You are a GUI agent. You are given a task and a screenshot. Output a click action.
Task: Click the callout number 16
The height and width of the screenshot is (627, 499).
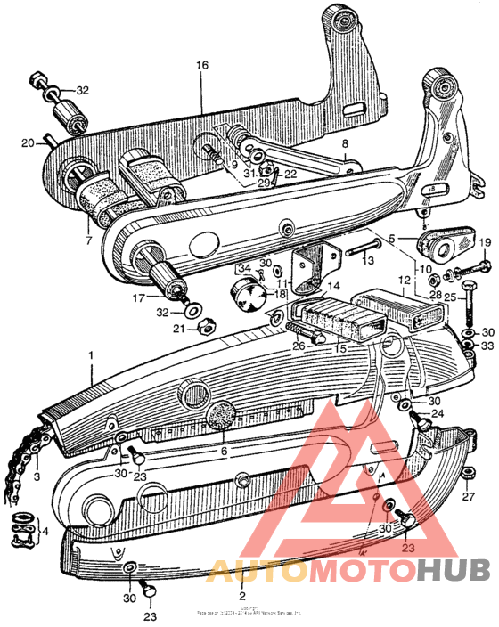coord(201,66)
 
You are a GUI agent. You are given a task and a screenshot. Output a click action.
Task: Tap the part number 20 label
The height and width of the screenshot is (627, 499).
coord(28,142)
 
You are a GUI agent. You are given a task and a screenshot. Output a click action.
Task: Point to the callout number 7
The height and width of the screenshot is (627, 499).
coord(88,240)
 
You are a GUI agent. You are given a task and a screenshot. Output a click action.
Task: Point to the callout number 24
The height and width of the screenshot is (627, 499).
coord(438,413)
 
